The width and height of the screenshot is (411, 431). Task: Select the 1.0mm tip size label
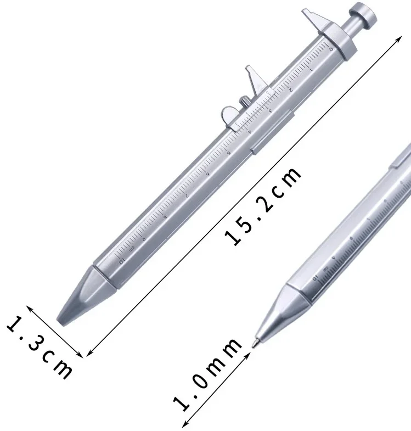[x=207, y=375]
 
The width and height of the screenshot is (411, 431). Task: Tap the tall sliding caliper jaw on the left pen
[x=252, y=82]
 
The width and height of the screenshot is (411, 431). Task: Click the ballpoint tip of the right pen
[x=254, y=344]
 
